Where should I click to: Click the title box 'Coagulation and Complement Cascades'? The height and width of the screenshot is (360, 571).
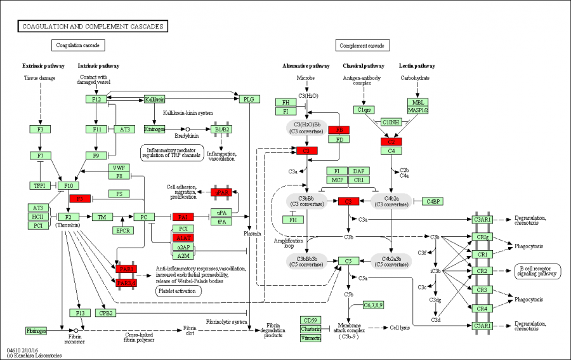point(92,26)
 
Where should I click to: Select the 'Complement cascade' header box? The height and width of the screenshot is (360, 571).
point(362,45)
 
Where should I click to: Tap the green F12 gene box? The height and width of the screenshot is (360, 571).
point(96,99)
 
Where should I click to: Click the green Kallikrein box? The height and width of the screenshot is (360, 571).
point(155,99)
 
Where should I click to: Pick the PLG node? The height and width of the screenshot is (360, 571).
point(248,99)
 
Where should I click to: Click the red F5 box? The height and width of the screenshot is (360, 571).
point(80,199)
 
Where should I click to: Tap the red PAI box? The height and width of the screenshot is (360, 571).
point(183,217)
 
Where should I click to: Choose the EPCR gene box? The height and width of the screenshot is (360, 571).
point(123,230)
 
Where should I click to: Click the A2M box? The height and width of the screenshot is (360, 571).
point(183,255)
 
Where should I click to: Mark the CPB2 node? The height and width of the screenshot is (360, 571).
point(105,313)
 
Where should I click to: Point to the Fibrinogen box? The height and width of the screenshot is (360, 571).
point(37,331)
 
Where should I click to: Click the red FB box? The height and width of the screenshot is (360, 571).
point(339,130)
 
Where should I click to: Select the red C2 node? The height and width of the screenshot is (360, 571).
point(391,141)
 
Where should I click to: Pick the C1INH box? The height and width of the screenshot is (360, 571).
point(391,122)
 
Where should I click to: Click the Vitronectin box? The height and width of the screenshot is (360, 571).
point(311,338)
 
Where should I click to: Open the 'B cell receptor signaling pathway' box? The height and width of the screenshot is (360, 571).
point(537,271)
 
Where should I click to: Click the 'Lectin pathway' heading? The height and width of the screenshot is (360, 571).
point(417,66)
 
